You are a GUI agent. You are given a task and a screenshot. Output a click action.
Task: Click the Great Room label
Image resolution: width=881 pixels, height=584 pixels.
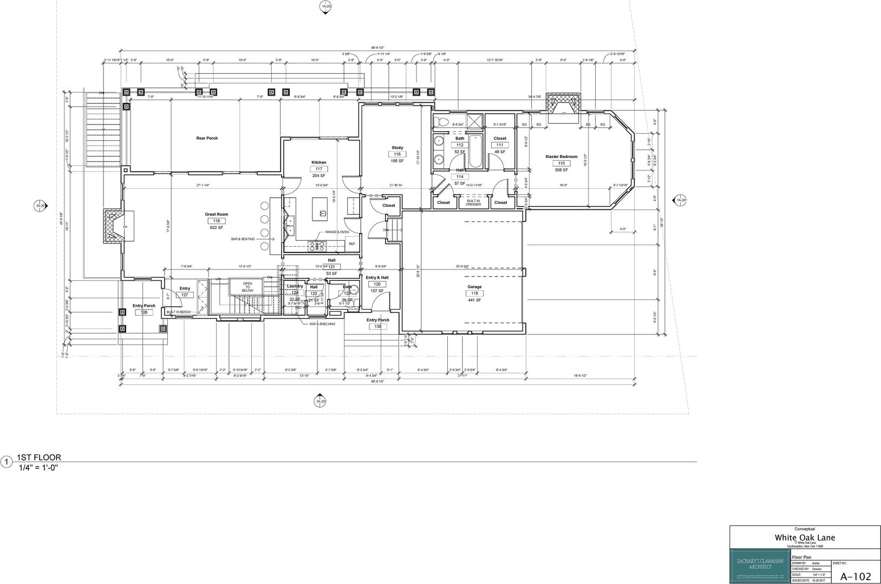click(216, 214)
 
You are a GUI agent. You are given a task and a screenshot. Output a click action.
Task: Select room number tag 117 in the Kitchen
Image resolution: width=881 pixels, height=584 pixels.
click(318, 169)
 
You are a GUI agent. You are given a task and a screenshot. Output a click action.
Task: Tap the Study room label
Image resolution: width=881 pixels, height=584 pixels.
click(397, 148)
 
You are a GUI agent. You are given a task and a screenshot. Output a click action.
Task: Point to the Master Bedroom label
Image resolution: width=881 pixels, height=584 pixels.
click(561, 157)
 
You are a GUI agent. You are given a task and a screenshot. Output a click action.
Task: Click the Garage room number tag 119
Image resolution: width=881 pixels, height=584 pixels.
click(474, 293)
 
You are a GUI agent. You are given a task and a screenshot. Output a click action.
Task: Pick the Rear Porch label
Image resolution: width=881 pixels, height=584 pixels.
click(207, 139)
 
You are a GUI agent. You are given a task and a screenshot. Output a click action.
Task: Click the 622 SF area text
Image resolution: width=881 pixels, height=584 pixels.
click(216, 228)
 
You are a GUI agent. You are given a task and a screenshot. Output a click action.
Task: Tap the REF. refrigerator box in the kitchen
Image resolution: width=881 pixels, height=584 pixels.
click(352, 244)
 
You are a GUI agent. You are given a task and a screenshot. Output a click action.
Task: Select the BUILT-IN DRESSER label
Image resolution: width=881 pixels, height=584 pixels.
click(473, 203)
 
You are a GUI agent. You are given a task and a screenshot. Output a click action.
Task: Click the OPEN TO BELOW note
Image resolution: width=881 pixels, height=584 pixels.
click(247, 287)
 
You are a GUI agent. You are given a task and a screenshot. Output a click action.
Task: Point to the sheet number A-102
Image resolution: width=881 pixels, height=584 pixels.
click(856, 576)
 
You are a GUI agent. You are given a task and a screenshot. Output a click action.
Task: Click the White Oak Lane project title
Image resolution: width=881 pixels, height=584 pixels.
click(805, 537)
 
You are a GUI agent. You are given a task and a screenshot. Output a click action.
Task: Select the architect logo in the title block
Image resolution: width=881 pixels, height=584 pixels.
click(759, 567)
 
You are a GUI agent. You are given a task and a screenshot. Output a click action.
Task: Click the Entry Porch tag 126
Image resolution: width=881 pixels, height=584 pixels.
click(144, 312)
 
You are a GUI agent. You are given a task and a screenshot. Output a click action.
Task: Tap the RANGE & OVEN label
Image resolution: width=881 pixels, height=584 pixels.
click(337, 232)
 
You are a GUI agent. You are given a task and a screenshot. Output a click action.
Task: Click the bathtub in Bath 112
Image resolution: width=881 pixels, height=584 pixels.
click(474, 151)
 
